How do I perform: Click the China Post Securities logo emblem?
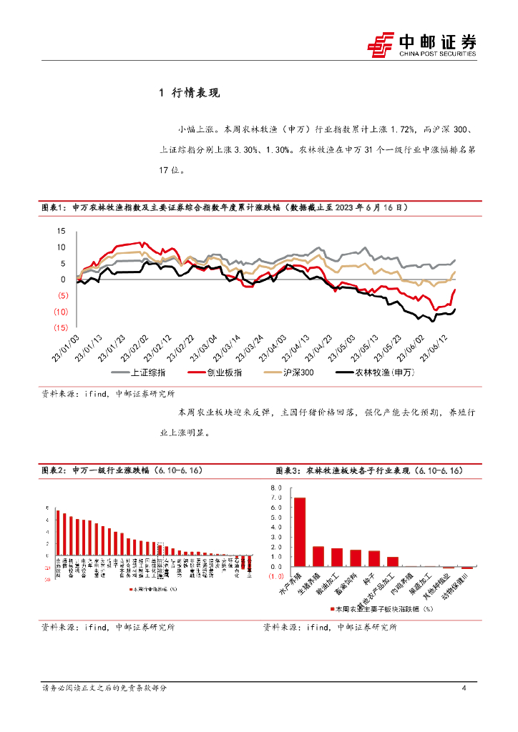pos(381,44)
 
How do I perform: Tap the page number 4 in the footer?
pos(464,688)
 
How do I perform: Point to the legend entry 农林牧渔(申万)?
pos(370,372)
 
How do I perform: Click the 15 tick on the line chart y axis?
pos(60,231)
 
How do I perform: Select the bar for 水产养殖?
pos(300,532)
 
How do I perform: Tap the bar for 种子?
pos(374,558)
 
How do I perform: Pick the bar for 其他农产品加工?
pos(393,561)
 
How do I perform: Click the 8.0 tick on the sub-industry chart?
pos(275,487)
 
